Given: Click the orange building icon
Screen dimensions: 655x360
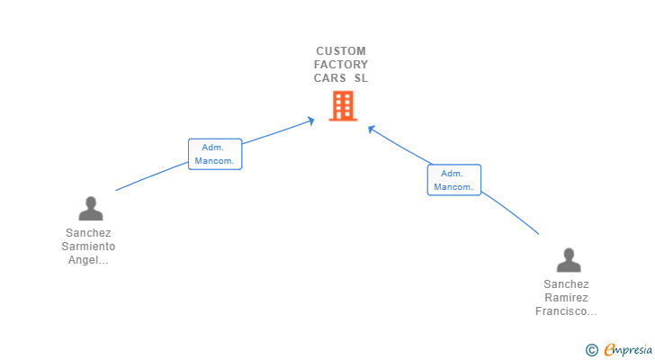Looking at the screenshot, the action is pyautogui.click(x=343, y=106).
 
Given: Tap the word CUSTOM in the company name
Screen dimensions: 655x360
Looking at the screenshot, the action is pyautogui.click(x=341, y=51).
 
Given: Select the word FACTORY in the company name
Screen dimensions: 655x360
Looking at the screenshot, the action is pyautogui.click(x=341, y=64).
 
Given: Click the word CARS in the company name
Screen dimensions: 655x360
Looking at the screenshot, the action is pyautogui.click(x=330, y=78).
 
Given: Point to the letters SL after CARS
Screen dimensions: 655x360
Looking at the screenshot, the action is pyautogui.click(x=362, y=78).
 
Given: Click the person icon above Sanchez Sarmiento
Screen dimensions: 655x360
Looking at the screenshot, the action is pyautogui.click(x=91, y=208).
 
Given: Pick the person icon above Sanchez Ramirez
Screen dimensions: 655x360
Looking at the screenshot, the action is pyautogui.click(x=569, y=260).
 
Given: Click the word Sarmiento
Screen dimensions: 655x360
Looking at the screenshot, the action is pyautogui.click(x=88, y=247).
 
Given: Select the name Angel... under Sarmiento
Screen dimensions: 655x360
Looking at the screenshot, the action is pyautogui.click(x=88, y=260).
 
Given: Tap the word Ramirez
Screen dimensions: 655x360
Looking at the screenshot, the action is pyautogui.click(x=567, y=298).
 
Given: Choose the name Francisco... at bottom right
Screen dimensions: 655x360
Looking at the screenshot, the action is pyautogui.click(x=567, y=311).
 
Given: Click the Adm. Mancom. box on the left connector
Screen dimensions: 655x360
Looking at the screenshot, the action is pyautogui.click(x=215, y=154).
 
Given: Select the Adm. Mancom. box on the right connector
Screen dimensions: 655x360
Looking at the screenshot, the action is pyautogui.click(x=454, y=180).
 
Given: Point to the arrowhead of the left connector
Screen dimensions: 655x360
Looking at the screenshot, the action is pyautogui.click(x=311, y=121).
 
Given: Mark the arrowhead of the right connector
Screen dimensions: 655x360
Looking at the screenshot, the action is pyautogui.click(x=371, y=129).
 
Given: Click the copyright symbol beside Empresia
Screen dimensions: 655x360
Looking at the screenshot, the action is pyautogui.click(x=591, y=350).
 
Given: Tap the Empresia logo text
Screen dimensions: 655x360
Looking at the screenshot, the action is pyautogui.click(x=628, y=350).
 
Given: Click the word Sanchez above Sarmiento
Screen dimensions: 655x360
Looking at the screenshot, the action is pyautogui.click(x=88, y=232).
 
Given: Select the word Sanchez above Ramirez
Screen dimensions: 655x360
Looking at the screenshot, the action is pyautogui.click(x=567, y=284).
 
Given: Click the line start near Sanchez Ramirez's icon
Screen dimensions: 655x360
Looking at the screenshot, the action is pyautogui.click(x=539, y=234).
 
